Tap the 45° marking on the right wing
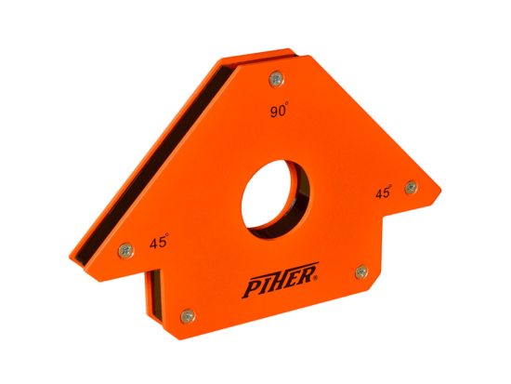coord(381,193)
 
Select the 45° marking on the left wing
coord(158,245)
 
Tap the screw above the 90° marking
coord(274,81)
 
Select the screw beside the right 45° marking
coord(410,188)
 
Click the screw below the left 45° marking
coord(124,249)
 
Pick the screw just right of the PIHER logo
coord(360,271)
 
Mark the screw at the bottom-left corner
coord(186,315)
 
